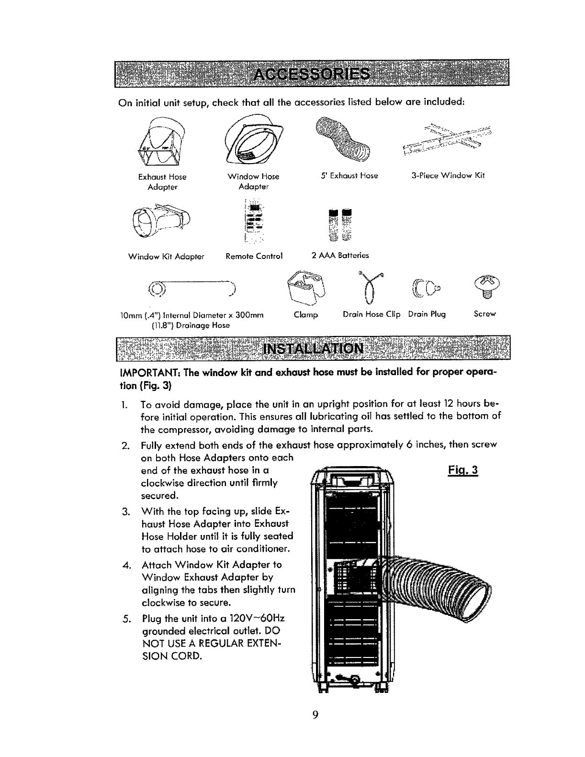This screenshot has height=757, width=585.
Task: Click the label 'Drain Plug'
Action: pyautogui.click(x=427, y=314)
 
